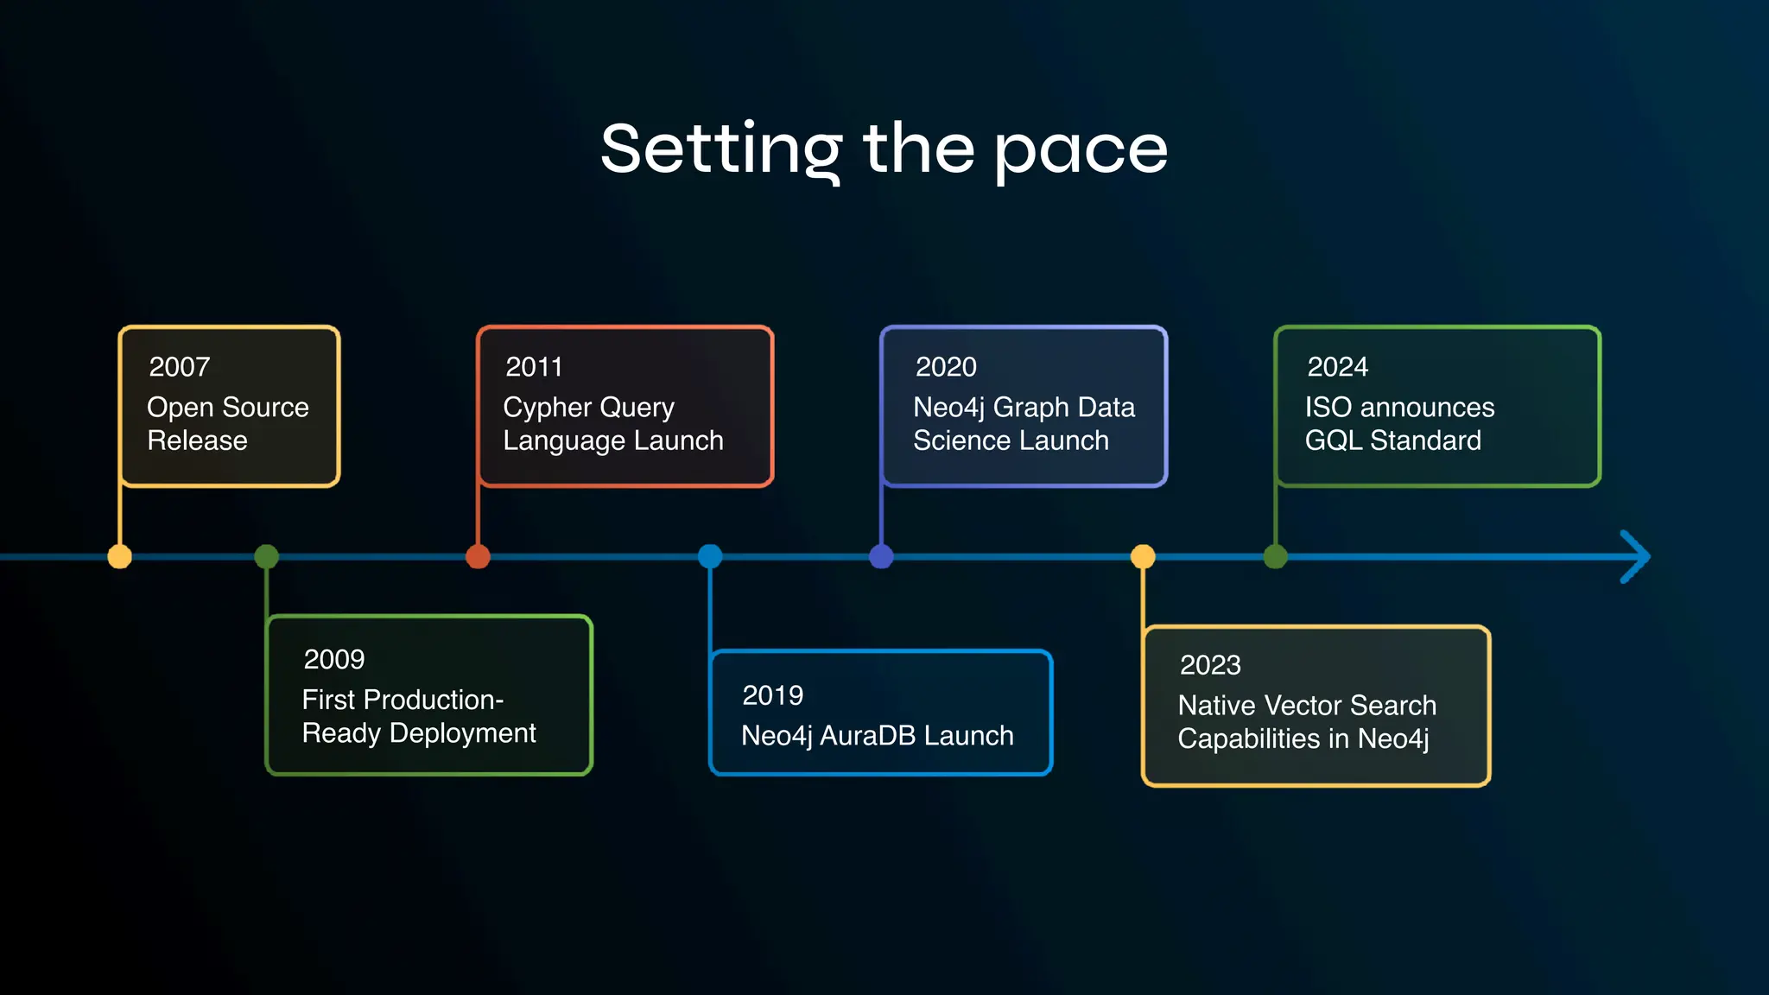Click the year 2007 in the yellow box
179,367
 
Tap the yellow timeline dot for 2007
120,556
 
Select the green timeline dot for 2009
267,556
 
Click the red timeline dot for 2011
478,556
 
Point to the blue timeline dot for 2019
710,556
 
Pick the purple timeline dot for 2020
881,556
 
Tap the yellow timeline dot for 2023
1143,556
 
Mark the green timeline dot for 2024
1276,556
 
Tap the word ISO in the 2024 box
1328,408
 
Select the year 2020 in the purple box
946,367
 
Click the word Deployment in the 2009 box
462,733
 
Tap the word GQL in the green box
1333,440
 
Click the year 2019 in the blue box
772,695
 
